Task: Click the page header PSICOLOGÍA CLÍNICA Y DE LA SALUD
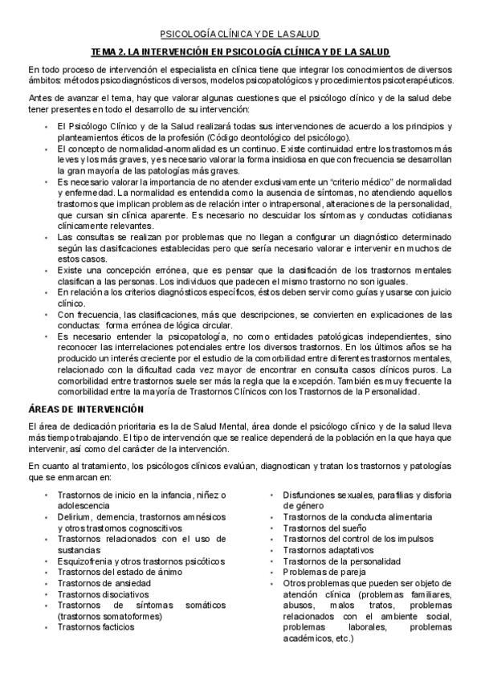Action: (240, 34)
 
